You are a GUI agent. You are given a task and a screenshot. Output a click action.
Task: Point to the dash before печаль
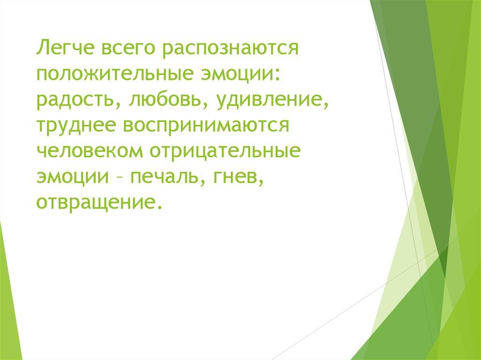pyautogui.click(x=119, y=179)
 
